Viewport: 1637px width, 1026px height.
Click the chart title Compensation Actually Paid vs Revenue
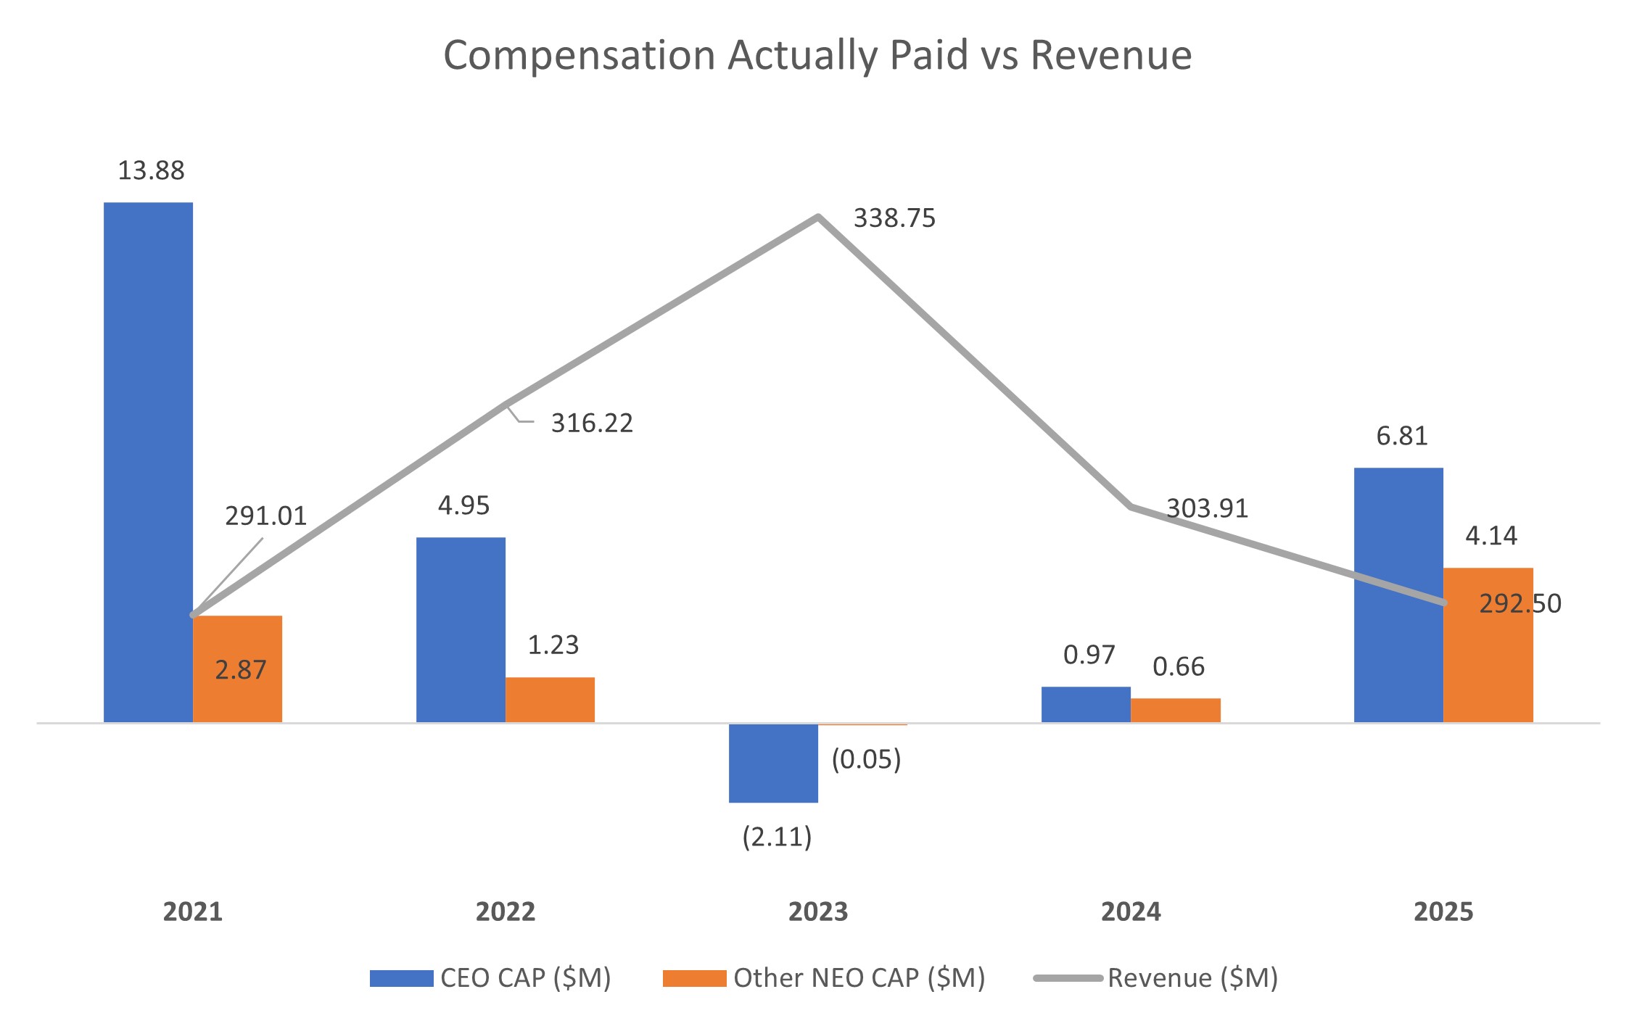817,55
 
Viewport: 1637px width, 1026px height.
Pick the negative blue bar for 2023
773,762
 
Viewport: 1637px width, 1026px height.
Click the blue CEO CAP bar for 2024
1086,704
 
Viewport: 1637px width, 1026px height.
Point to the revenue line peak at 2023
818,217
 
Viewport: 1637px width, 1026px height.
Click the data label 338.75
894,218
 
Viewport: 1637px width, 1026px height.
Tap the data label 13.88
151,171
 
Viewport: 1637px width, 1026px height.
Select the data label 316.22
592,423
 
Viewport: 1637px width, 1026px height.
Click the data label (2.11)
777,837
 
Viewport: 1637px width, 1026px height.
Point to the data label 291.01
265,516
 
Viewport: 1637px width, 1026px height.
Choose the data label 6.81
1401,437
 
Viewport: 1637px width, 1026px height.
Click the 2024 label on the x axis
1131,911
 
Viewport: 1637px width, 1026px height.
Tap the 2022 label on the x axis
506,911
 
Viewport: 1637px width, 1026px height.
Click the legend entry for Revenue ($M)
1192,978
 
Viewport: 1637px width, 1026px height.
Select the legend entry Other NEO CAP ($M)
859,978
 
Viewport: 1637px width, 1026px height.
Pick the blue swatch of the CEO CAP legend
401,978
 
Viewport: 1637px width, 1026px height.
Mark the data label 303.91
1207,509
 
